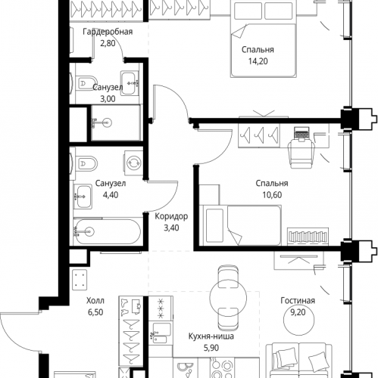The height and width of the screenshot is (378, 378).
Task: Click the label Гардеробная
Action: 108,32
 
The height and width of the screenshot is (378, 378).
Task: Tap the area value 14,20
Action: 258,61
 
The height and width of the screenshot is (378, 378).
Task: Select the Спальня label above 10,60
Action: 272,183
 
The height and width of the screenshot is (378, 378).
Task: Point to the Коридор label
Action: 171,216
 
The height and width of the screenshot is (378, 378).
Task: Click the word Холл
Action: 95,301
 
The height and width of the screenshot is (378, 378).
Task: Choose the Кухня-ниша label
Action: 211,336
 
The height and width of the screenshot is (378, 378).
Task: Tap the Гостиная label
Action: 298,301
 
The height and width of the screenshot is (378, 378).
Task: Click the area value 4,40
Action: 111,195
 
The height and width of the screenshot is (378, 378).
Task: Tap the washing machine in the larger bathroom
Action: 133,163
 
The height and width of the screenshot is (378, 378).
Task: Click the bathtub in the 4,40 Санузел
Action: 108,231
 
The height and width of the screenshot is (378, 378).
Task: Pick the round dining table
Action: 228,298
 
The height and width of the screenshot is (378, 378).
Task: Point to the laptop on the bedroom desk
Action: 301,133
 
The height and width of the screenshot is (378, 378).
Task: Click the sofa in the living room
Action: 299,361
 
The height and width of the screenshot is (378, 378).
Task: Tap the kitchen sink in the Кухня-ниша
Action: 160,333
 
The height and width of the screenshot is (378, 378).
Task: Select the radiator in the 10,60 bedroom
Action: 308,237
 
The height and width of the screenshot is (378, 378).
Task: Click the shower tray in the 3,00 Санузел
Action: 116,122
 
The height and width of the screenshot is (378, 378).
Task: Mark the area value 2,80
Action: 108,43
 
